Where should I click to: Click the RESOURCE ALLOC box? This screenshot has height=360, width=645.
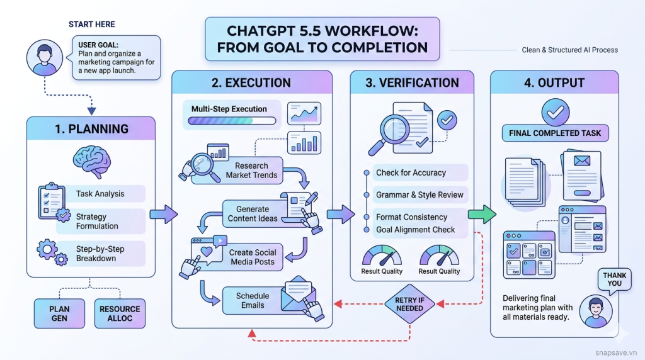[120, 313]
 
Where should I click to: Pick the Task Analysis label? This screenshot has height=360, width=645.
[100, 194]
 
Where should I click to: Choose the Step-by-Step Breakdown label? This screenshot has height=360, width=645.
[100, 254]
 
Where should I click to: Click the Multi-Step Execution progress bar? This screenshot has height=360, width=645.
[229, 121]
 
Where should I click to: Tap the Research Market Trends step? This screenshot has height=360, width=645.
[251, 171]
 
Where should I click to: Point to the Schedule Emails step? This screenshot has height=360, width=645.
[252, 300]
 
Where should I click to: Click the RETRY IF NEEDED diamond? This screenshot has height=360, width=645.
[409, 305]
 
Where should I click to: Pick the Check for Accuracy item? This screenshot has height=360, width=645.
[411, 172]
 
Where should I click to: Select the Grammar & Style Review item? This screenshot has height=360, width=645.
[419, 194]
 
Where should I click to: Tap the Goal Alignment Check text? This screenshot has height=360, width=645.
[416, 230]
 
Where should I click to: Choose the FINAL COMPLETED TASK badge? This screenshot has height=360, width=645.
[555, 133]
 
